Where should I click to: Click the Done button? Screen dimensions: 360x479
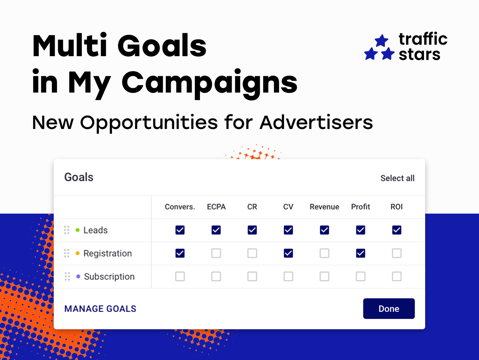pyautogui.click(x=389, y=309)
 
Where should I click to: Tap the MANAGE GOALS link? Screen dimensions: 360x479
pyautogui.click(x=100, y=309)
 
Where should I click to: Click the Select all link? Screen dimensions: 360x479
pyautogui.click(x=397, y=178)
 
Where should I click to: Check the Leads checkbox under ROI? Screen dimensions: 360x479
pyautogui.click(x=397, y=230)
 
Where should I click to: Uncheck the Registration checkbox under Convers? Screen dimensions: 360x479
pyautogui.click(x=180, y=253)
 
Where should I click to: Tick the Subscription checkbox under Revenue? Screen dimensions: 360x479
pyautogui.click(x=325, y=276)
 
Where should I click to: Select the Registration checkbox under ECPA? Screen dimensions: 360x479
pyautogui.click(x=216, y=253)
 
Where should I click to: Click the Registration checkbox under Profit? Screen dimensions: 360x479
pyautogui.click(x=361, y=253)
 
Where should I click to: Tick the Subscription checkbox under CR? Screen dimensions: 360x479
pyautogui.click(x=252, y=276)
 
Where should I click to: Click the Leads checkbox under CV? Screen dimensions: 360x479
pyautogui.click(x=288, y=230)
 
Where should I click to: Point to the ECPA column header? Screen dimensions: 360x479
pyautogui.click(x=216, y=207)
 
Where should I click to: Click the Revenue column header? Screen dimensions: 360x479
pyautogui.click(x=324, y=207)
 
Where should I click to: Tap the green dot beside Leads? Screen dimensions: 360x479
pyautogui.click(x=78, y=230)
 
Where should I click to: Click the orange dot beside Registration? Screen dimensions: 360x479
pyautogui.click(x=78, y=253)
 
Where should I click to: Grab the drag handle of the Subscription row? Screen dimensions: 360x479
pyautogui.click(x=67, y=276)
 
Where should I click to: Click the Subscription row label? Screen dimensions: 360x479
pyautogui.click(x=109, y=277)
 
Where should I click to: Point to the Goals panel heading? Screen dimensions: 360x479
pyautogui.click(x=79, y=177)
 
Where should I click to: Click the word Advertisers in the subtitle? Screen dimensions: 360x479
pyautogui.click(x=316, y=123)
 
